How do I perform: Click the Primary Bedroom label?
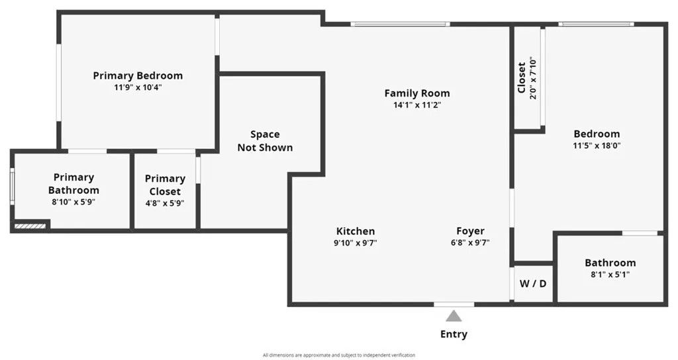(138, 75)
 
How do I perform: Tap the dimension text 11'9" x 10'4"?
(138, 87)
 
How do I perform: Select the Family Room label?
(417, 93)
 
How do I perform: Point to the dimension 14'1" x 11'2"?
(417, 105)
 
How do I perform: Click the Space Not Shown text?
(265, 141)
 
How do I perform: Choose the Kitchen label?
(356, 231)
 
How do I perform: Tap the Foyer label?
(470, 231)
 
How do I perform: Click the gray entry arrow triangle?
(454, 316)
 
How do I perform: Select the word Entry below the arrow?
(454, 334)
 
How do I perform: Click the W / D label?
(532, 284)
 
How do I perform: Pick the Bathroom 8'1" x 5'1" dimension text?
(610, 274)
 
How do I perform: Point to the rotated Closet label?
(522, 77)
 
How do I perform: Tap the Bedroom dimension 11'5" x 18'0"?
(597, 146)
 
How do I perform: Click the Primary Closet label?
(165, 185)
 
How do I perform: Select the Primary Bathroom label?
(73, 183)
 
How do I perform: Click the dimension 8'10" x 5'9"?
(73, 202)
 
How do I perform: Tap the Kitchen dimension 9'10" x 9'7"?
(356, 243)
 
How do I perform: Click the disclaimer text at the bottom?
(339, 355)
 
